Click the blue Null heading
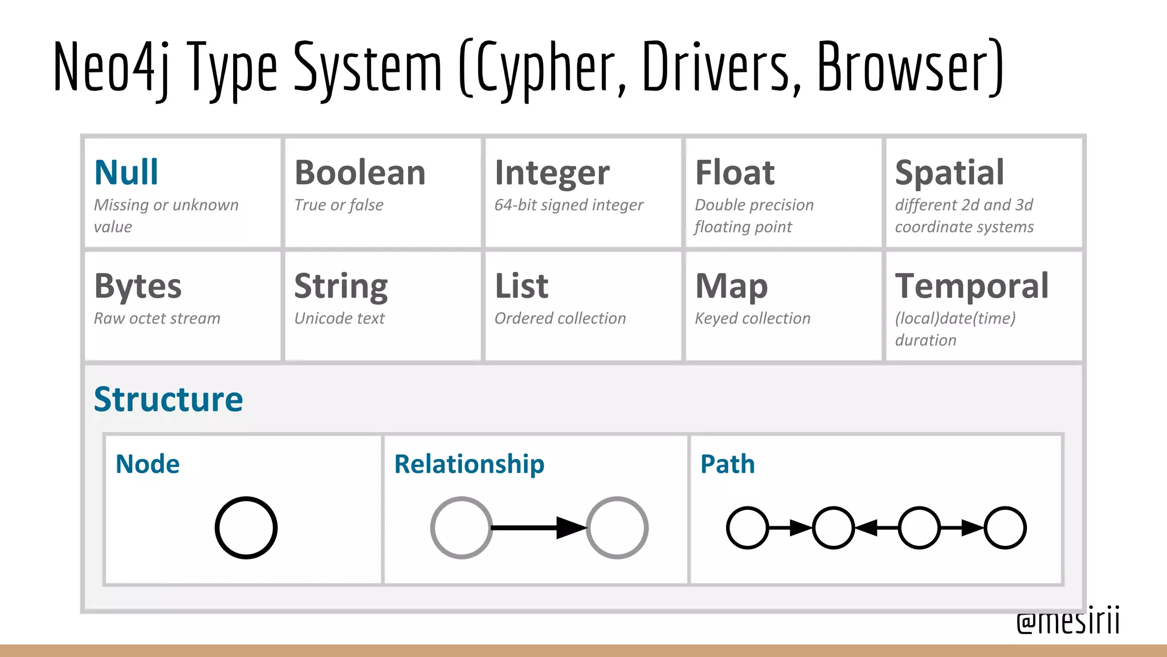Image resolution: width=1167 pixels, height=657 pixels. coord(126,172)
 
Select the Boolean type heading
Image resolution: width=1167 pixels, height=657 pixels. coord(360,172)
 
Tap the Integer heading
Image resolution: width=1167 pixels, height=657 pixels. coord(552,173)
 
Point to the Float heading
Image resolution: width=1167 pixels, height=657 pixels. coord(735,172)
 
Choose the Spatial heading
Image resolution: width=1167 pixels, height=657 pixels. coord(949,173)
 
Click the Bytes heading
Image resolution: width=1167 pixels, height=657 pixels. coord(138,286)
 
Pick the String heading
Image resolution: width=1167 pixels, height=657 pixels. coord(341,287)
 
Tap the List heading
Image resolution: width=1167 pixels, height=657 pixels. coord(521,286)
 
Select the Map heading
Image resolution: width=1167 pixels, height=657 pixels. coord(732,286)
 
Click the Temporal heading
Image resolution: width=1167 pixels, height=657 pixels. coord(972,286)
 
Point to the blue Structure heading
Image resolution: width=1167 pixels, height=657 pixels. coord(168,399)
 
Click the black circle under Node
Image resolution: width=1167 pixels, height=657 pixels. coord(246,528)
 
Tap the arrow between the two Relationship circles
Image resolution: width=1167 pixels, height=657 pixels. coord(538,528)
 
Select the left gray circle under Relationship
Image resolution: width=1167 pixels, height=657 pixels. coord(461,528)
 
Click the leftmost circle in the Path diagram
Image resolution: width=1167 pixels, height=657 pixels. coord(747,528)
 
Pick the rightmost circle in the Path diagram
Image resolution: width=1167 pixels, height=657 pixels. coord(1005,528)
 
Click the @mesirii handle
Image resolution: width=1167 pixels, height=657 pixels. coord(1068,621)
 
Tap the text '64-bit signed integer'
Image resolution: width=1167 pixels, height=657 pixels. coord(569,205)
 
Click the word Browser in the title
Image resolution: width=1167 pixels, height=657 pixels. coord(909,67)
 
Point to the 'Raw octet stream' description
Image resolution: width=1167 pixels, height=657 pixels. coord(157,318)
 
